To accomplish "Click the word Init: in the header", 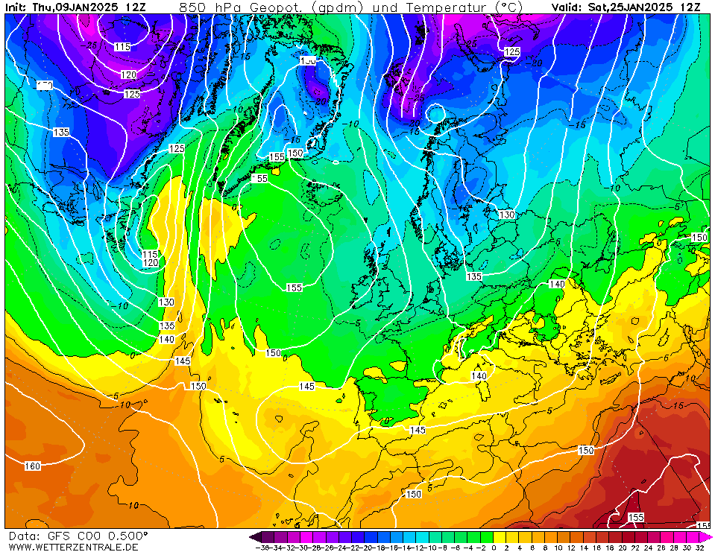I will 16,7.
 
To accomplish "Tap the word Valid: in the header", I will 569,7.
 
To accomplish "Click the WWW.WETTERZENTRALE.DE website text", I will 73,547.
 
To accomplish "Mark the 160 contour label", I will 32,466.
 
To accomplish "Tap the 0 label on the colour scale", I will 494,548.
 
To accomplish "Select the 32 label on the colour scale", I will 700,548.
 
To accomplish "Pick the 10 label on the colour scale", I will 558,548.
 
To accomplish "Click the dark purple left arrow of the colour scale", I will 254,536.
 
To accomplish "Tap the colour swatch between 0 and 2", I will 500,536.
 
